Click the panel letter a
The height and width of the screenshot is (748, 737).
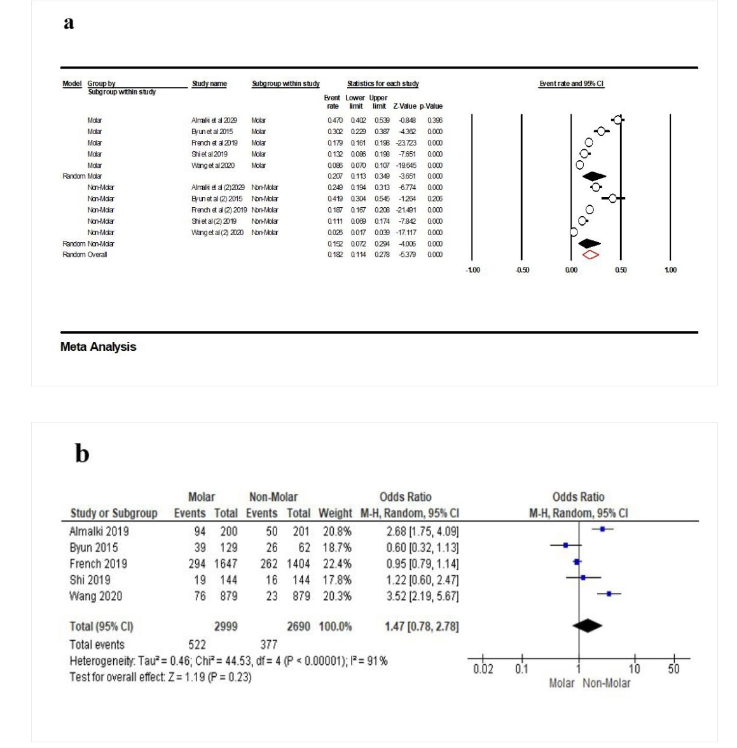(69, 23)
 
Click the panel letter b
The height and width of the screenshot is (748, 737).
(82, 454)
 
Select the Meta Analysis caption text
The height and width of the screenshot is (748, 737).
(98, 347)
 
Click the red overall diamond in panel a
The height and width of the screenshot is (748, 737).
(591, 255)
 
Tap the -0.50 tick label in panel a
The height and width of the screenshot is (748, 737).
(522, 270)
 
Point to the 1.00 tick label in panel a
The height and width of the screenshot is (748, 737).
(670, 270)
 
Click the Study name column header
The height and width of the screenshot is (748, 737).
(209, 84)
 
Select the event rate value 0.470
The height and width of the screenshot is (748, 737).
(334, 120)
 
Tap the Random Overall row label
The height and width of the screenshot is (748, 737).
(85, 255)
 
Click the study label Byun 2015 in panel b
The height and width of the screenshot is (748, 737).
(93, 548)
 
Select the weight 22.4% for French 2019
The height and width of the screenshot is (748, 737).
(335, 564)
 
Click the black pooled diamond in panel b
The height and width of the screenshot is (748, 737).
(587, 626)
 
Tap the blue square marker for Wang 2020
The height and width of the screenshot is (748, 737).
(609, 594)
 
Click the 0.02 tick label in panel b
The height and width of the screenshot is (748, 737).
(483, 669)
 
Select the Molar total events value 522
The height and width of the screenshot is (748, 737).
(197, 644)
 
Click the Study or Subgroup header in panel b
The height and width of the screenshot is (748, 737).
(114, 513)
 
